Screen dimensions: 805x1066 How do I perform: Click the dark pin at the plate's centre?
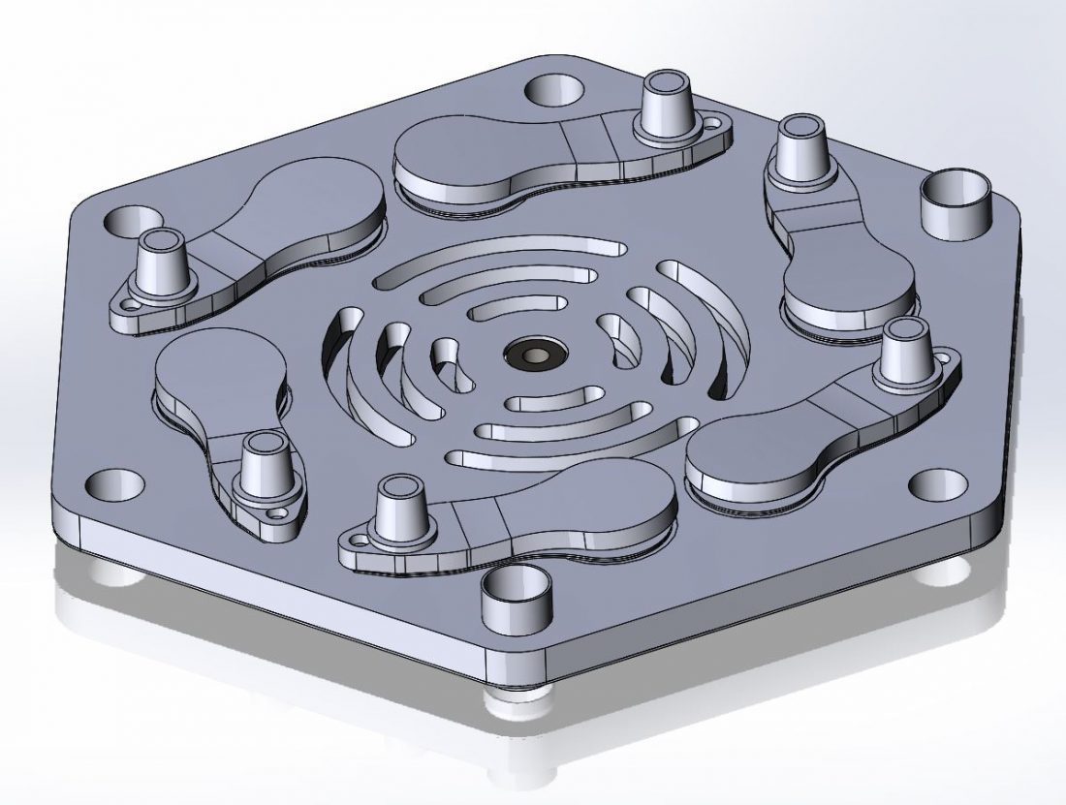tap(530, 356)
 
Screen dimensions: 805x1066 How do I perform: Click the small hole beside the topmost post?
tap(715, 124)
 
